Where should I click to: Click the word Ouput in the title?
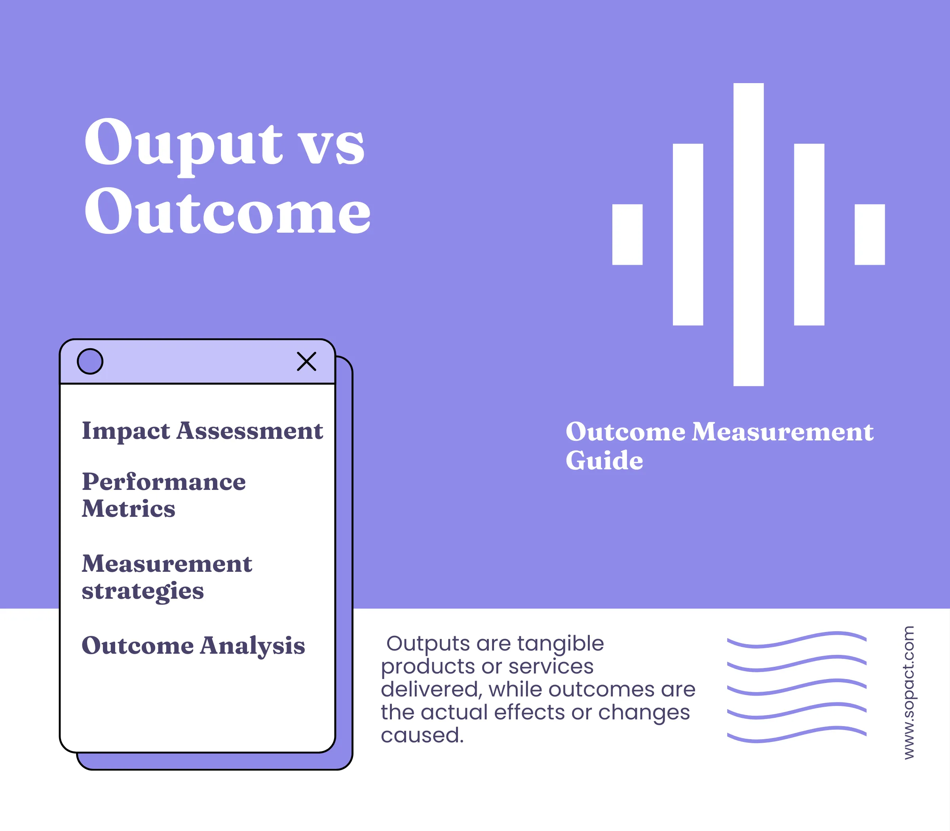[x=183, y=144]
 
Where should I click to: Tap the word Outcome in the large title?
[x=227, y=211]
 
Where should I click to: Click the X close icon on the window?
[x=307, y=361]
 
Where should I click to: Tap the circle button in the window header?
[x=90, y=361]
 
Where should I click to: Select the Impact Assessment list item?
[x=202, y=431]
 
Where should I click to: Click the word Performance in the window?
[x=164, y=482]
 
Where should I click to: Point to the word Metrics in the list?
[x=129, y=509]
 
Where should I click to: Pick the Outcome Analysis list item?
[x=194, y=645]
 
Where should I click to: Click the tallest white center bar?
[x=748, y=234]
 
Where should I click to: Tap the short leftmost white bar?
[x=627, y=234]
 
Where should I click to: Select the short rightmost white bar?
[x=870, y=234]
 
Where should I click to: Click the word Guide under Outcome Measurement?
[x=604, y=461]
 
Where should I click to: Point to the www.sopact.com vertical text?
[x=909, y=693]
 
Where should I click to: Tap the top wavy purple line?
[x=796, y=639]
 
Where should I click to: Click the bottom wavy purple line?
[x=796, y=735]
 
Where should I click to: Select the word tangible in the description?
[x=560, y=644]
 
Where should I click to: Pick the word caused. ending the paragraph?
[x=422, y=736]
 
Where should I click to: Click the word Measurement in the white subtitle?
[x=783, y=432]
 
